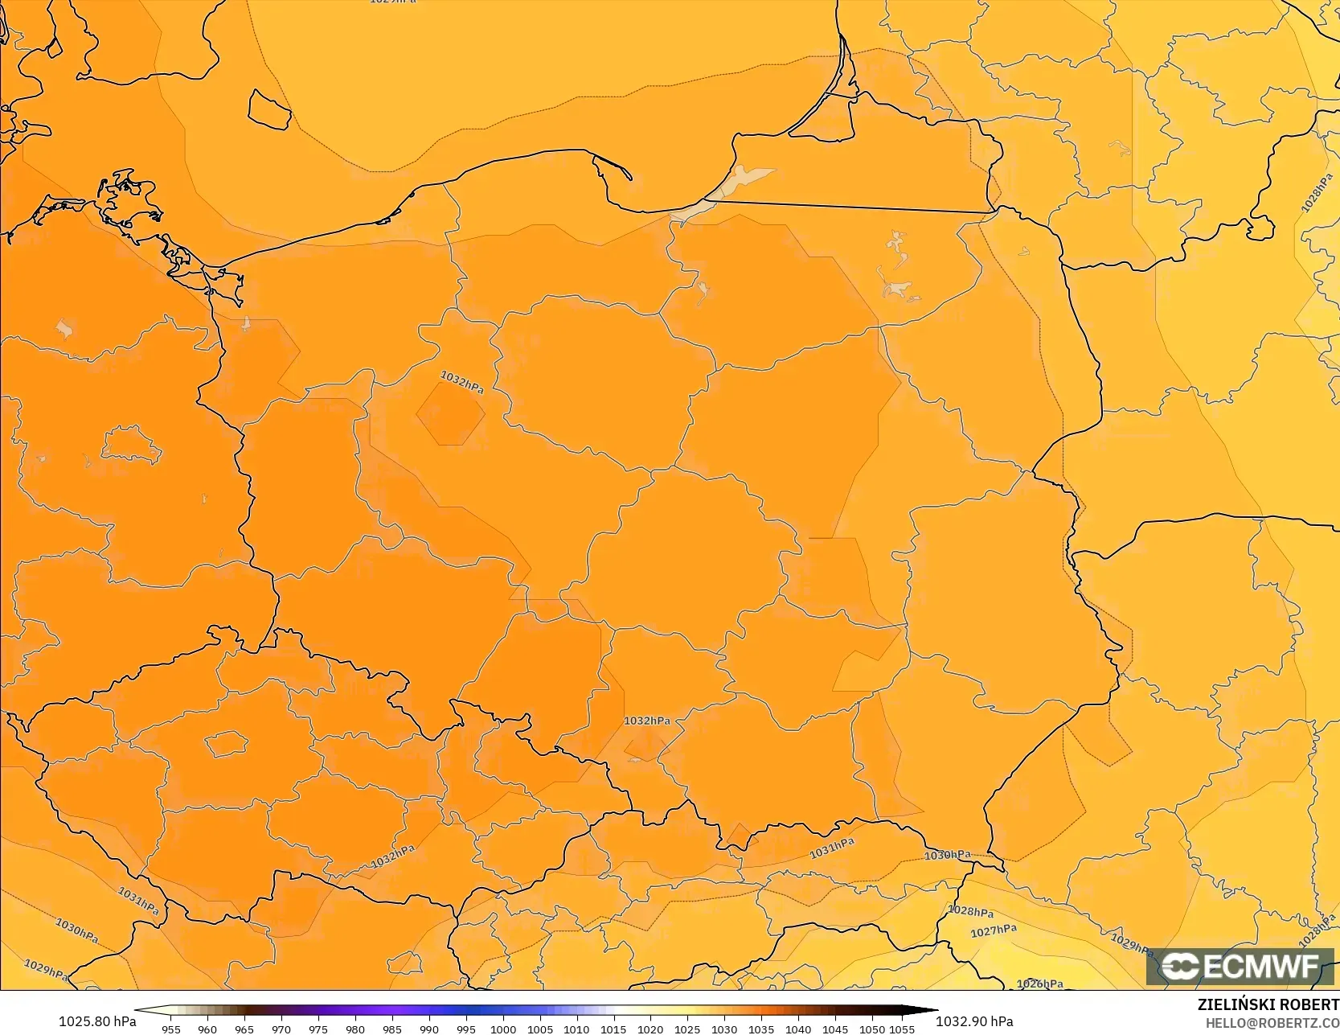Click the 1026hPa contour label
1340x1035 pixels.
[x=1039, y=984]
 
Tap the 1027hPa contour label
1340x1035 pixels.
[x=993, y=930]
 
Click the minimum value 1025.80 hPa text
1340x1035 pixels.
[x=96, y=1021]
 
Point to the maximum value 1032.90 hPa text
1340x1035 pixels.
[x=974, y=1021]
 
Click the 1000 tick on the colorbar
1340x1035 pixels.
[x=503, y=1029]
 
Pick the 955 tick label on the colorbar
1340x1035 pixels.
[x=171, y=1029]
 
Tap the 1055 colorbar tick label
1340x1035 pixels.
[x=902, y=1029]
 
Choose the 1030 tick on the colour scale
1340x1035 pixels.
[x=724, y=1029]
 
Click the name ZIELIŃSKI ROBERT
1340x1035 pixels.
[x=1268, y=1004]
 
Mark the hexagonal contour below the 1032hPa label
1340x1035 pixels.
[x=450, y=413]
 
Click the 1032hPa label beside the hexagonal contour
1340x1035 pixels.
[x=462, y=382]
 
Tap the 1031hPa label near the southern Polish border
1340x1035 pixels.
[x=831, y=848]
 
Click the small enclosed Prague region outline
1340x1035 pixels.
[x=227, y=742]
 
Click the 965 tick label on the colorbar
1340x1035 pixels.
[x=244, y=1029]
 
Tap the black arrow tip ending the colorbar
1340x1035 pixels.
[x=932, y=1010]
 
